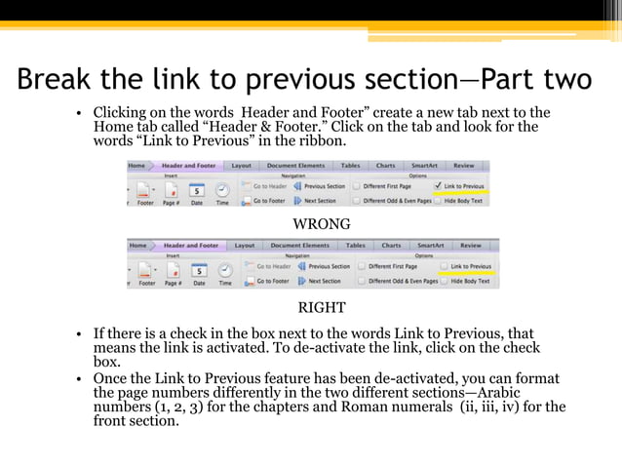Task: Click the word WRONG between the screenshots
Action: point(322,224)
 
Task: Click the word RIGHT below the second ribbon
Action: point(322,308)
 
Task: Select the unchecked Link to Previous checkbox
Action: point(444,266)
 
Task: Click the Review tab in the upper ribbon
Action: point(464,166)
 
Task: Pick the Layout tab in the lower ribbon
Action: point(244,246)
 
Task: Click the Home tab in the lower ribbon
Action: point(138,246)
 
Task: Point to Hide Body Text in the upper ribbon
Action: point(470,200)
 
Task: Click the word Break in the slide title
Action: point(58,78)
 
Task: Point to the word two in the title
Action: point(564,78)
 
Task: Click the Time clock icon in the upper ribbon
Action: point(222,190)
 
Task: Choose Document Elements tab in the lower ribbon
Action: point(299,246)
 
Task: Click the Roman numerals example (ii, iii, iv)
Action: point(493,407)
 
